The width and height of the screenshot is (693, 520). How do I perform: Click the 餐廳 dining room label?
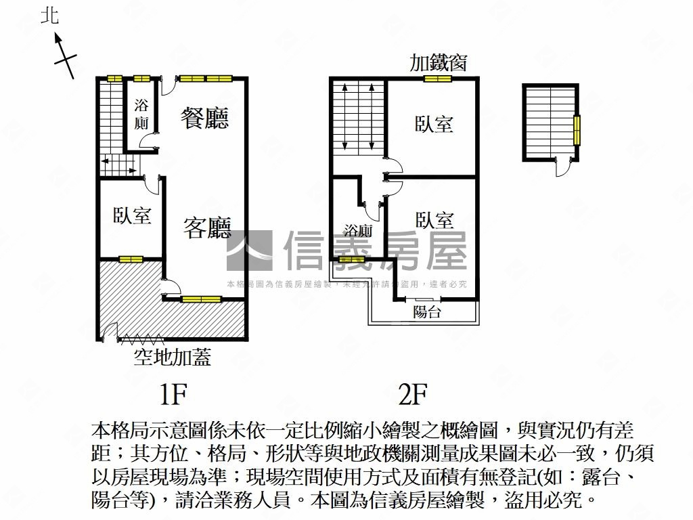tap(204, 117)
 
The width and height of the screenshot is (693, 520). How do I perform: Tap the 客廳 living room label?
tap(207, 227)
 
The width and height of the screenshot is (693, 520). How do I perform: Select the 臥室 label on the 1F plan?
tap(132, 216)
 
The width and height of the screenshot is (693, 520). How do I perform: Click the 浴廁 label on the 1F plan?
tap(141, 114)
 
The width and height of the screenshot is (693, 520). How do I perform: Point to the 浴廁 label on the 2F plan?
tap(358, 231)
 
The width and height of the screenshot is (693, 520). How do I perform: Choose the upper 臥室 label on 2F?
tap(434, 124)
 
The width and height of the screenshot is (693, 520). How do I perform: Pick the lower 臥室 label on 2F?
tap(434, 220)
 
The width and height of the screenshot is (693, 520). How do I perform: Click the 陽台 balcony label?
tap(426, 312)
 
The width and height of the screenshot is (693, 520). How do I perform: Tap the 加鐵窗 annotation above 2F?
tap(438, 63)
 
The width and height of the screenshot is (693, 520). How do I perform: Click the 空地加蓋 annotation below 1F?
tap(172, 355)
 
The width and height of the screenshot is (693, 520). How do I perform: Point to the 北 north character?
tap(50, 17)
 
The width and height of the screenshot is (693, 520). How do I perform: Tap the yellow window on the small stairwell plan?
tap(577, 130)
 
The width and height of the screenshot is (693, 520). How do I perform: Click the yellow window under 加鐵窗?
tap(437, 79)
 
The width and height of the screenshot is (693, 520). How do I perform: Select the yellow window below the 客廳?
tap(201, 299)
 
